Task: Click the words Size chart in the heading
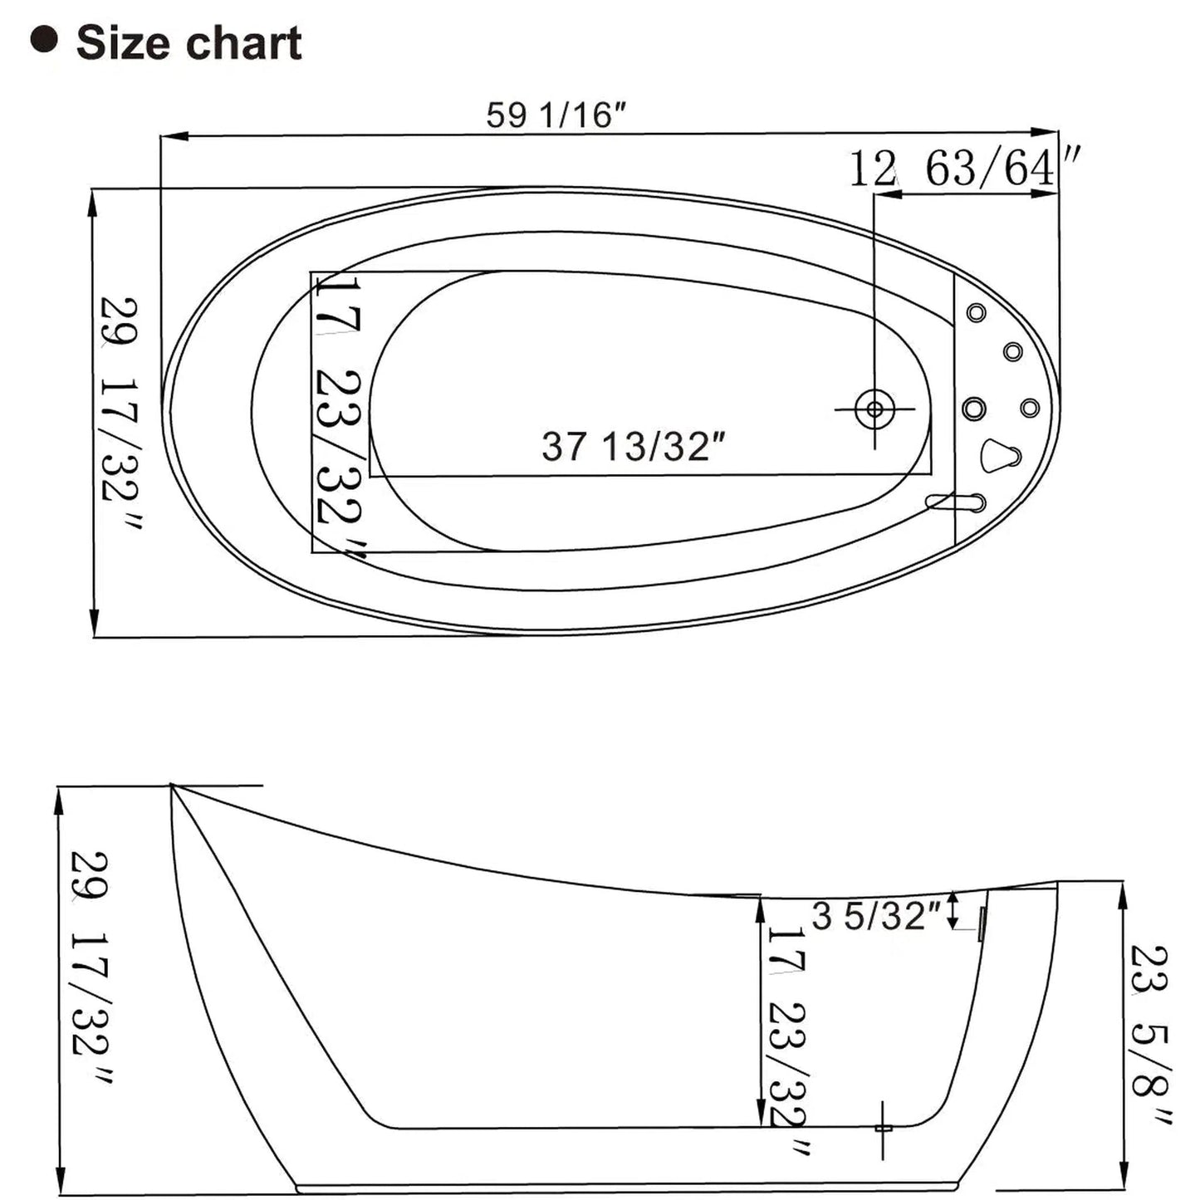[x=189, y=43]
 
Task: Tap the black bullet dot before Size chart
[x=44, y=40]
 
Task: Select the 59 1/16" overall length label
[x=555, y=115]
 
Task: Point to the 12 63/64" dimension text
[x=963, y=169]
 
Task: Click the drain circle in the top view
[x=874, y=409]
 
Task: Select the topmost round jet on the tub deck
[x=976, y=313]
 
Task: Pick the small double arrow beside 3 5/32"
[x=954, y=911]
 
